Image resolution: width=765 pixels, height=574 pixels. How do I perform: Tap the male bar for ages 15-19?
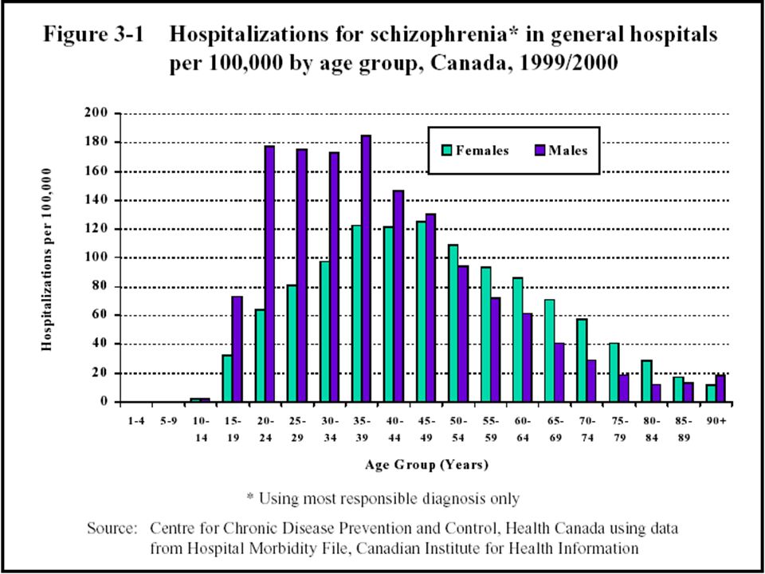(x=237, y=349)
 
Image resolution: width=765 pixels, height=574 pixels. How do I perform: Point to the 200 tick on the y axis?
(x=116, y=114)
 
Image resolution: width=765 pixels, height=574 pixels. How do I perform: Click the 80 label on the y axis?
(x=101, y=286)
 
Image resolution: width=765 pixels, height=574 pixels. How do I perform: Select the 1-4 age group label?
(x=135, y=421)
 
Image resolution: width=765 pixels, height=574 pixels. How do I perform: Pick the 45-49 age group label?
(x=426, y=430)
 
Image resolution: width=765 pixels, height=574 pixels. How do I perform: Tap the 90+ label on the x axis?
(x=716, y=421)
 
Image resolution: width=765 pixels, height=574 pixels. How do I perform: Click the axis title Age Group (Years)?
(x=426, y=465)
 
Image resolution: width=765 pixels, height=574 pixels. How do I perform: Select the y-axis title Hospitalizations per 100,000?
(x=46, y=259)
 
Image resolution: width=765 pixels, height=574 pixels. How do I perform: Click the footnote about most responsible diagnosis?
(x=382, y=499)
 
